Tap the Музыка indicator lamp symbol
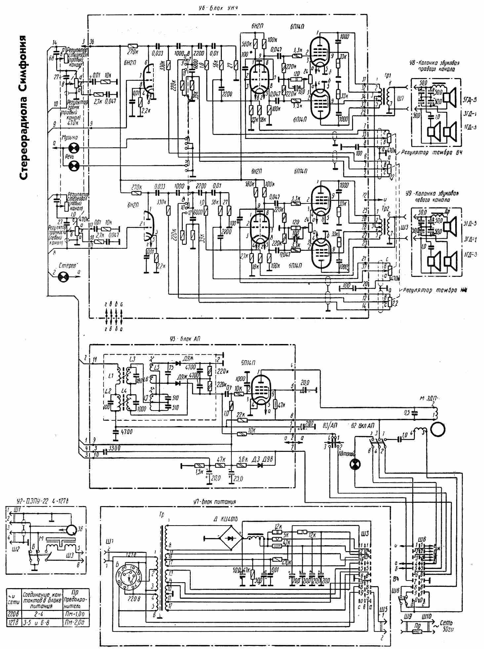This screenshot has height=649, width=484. tap(73, 148)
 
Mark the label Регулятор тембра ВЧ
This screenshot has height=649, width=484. tap(431, 153)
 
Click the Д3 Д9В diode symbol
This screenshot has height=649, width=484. tap(260, 465)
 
